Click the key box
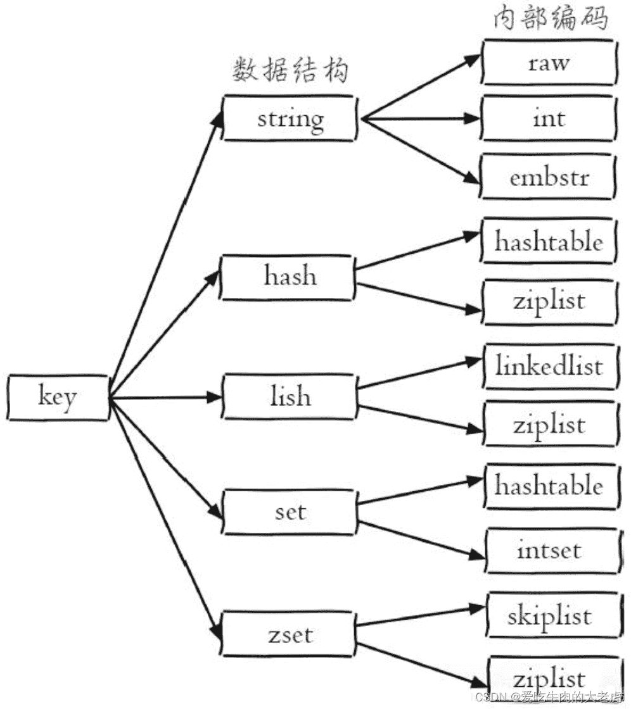click(x=58, y=398)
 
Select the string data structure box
click(x=290, y=118)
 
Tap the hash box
click(x=288, y=277)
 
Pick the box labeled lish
click(x=290, y=396)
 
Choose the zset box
click(x=288, y=634)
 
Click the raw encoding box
click(x=549, y=62)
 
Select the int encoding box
click(x=549, y=118)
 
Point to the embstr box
click(x=548, y=177)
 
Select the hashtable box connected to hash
click(x=548, y=241)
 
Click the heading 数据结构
click(x=290, y=70)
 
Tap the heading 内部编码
click(x=550, y=18)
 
